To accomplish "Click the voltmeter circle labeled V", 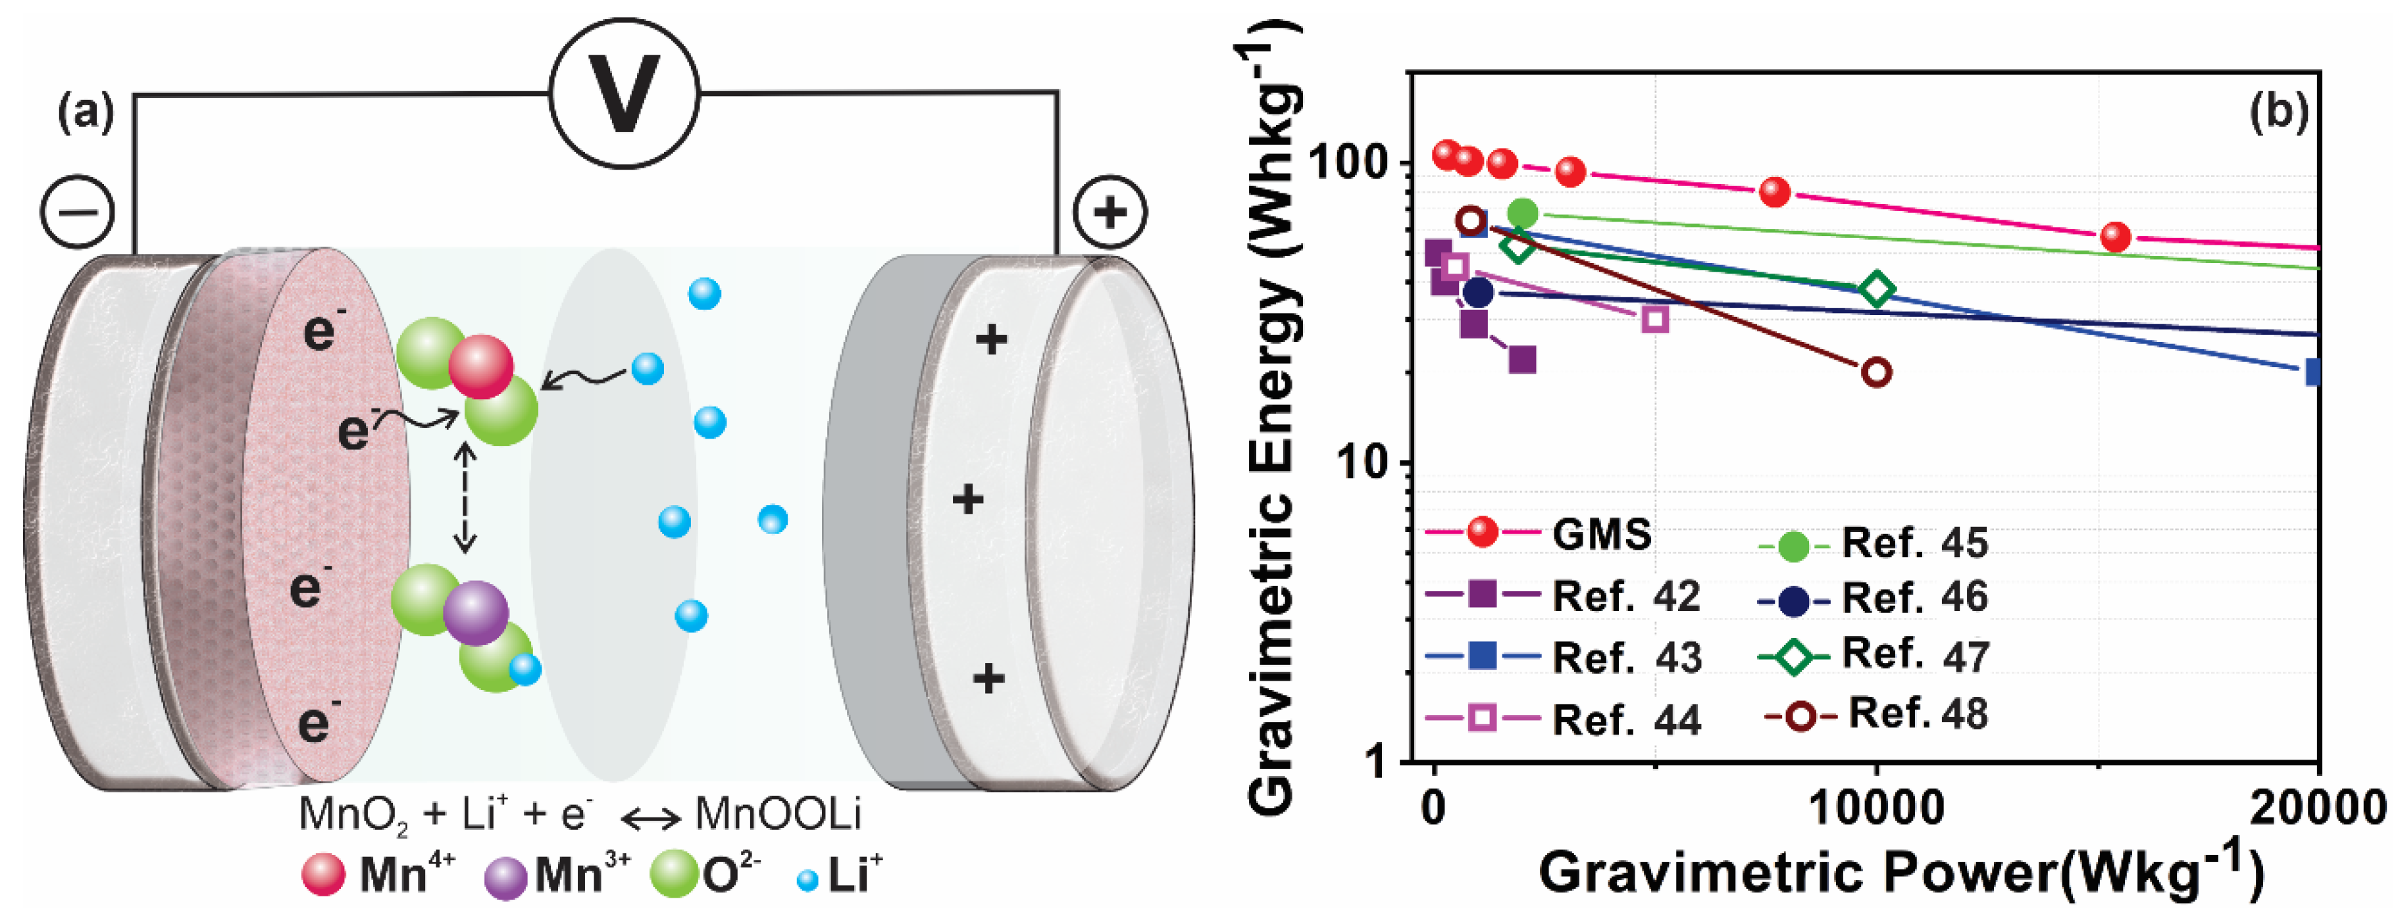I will tap(623, 93).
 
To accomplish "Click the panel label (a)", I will tap(86, 114).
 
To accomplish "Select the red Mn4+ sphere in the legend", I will tap(323, 875).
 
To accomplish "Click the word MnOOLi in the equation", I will tap(778, 814).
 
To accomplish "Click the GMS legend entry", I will tap(1601, 534).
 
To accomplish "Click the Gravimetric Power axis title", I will tap(1899, 873).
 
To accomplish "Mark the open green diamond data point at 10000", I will tap(1877, 289).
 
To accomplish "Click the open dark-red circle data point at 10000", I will tap(1877, 372).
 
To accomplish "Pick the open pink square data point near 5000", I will tap(1655, 319).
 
